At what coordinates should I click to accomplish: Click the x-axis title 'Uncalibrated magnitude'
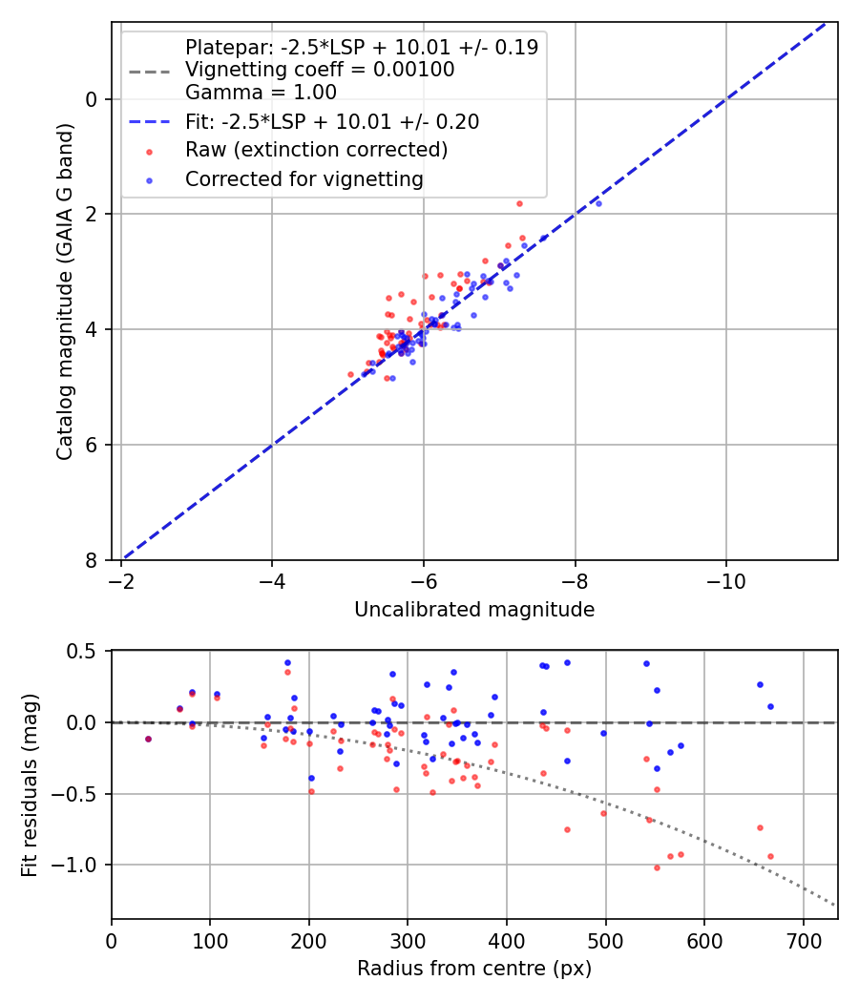point(474,610)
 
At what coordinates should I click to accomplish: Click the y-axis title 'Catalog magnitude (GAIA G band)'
point(65,290)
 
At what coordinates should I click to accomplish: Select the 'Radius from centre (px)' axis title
point(474,969)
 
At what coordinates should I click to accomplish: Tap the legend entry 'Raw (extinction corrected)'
point(316,150)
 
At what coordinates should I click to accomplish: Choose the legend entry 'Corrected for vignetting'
point(304,178)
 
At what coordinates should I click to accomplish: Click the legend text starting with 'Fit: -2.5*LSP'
point(332,121)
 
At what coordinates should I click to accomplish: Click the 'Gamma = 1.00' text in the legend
point(261,93)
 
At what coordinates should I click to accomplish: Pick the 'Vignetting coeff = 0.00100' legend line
point(320,70)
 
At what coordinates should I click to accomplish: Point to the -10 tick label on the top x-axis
point(726,581)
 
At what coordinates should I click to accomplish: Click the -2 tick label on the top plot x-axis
point(121,581)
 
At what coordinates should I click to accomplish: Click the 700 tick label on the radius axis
point(803,939)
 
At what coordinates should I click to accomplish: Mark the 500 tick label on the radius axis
point(605,939)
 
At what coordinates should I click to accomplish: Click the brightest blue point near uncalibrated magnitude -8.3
point(598,203)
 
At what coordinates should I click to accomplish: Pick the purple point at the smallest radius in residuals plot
point(148,739)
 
